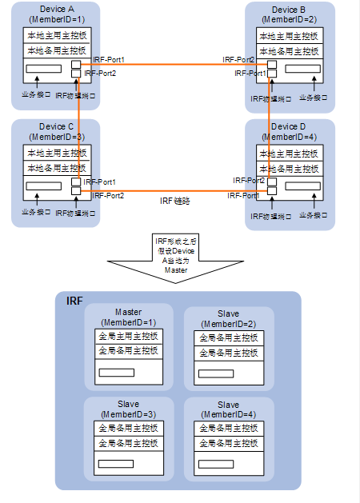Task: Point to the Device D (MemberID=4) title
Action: pyautogui.click(x=287, y=131)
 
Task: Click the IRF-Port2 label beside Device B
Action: pyautogui.click(x=239, y=60)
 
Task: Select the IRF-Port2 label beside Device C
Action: pyautogui.click(x=107, y=195)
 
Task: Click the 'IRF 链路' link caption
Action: pyautogui.click(x=178, y=202)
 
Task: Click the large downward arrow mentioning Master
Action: pyautogui.click(x=176, y=256)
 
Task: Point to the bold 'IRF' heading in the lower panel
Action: pyautogui.click(x=74, y=301)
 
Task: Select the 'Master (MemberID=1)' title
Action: pyautogui.click(x=128, y=317)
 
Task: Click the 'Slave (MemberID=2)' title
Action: pyautogui.click(x=227, y=317)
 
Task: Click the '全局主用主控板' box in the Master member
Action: pyautogui.click(x=128, y=337)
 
